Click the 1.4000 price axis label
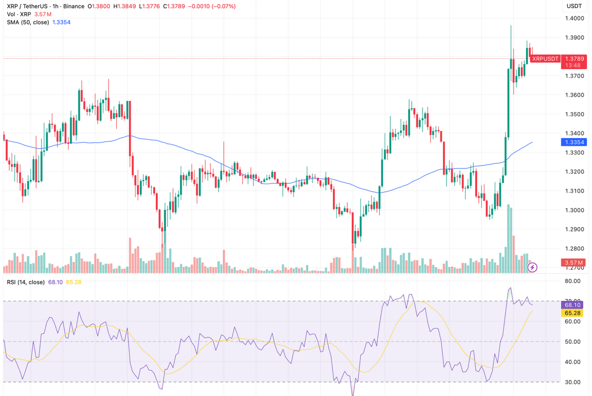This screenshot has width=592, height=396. coord(574,18)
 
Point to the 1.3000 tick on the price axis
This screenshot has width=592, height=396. coord(574,210)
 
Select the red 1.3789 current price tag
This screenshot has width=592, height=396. coord(574,59)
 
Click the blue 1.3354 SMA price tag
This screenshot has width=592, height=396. coord(574,142)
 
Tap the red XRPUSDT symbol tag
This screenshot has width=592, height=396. coord(545,59)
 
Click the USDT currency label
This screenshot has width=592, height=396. coord(574,6)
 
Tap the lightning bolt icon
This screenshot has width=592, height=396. coord(533,267)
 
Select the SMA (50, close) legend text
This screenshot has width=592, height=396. coord(28,23)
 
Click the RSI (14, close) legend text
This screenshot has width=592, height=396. coord(26,282)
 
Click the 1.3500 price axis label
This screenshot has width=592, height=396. coord(574,115)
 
